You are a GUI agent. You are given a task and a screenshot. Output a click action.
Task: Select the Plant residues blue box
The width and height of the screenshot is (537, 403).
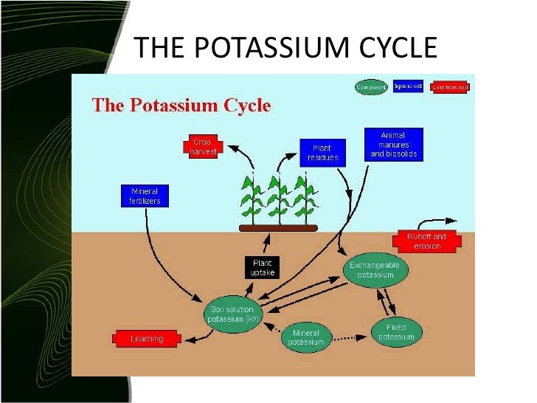[321, 152]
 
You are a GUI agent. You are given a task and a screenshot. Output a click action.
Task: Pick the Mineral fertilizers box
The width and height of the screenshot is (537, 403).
[145, 195]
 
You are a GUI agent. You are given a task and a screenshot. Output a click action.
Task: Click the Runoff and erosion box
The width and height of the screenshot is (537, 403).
[427, 241]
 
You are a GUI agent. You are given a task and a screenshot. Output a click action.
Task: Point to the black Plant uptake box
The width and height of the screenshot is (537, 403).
[263, 267]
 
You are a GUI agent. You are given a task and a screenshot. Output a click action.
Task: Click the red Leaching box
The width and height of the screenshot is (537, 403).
[147, 339]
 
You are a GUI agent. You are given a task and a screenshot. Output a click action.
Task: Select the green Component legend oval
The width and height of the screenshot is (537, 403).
[371, 87]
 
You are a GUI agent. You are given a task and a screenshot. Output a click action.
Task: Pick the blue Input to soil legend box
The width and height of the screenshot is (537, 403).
[408, 86]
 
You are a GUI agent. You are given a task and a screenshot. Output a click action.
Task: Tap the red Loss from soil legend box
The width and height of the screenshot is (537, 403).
[450, 87]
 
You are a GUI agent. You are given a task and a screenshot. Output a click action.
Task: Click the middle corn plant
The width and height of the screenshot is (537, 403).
[277, 198]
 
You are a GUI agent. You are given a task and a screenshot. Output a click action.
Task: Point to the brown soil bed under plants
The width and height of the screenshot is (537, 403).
[279, 228]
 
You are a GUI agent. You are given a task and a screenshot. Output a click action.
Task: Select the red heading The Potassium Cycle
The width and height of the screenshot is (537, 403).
[181, 105]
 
